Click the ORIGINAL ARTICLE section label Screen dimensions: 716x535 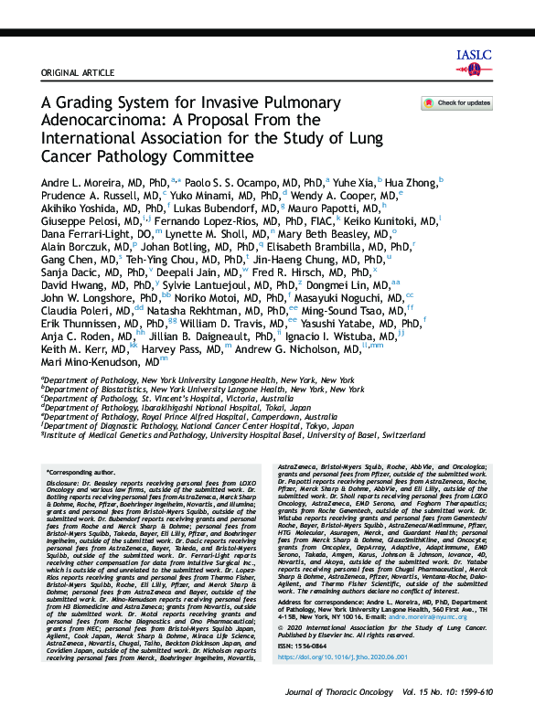(73, 72)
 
